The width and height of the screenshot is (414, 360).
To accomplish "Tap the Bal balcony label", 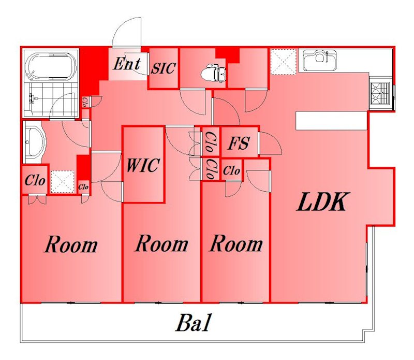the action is [194, 323].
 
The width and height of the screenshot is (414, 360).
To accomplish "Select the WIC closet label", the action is [143, 165].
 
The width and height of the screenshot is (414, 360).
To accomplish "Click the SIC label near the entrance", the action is [163, 68].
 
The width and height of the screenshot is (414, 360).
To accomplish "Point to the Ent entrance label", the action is [127, 64].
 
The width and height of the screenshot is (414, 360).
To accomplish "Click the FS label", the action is [239, 143].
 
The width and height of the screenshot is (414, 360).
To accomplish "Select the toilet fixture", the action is [213, 73].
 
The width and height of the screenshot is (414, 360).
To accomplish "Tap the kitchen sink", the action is [320, 61].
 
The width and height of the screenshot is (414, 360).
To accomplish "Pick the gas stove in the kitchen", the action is [380, 93].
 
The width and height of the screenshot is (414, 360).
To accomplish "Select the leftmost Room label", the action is [71, 244].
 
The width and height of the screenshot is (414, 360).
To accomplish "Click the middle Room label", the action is [161, 243].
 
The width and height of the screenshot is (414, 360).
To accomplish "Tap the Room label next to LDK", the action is [236, 243].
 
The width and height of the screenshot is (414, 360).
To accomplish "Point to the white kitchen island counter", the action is [332, 121].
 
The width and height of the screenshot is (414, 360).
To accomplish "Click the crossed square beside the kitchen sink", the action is [283, 62].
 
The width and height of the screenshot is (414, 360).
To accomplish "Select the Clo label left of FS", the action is [211, 142].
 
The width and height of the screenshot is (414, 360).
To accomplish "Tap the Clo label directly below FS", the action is [231, 170].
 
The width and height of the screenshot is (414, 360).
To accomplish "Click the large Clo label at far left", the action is [35, 181].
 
